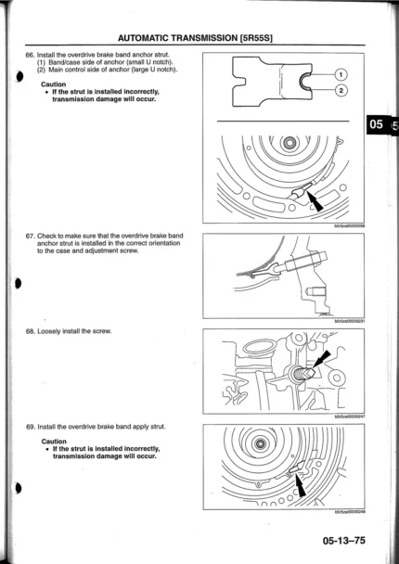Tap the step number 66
coord(30,55)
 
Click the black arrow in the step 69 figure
coord(301,484)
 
